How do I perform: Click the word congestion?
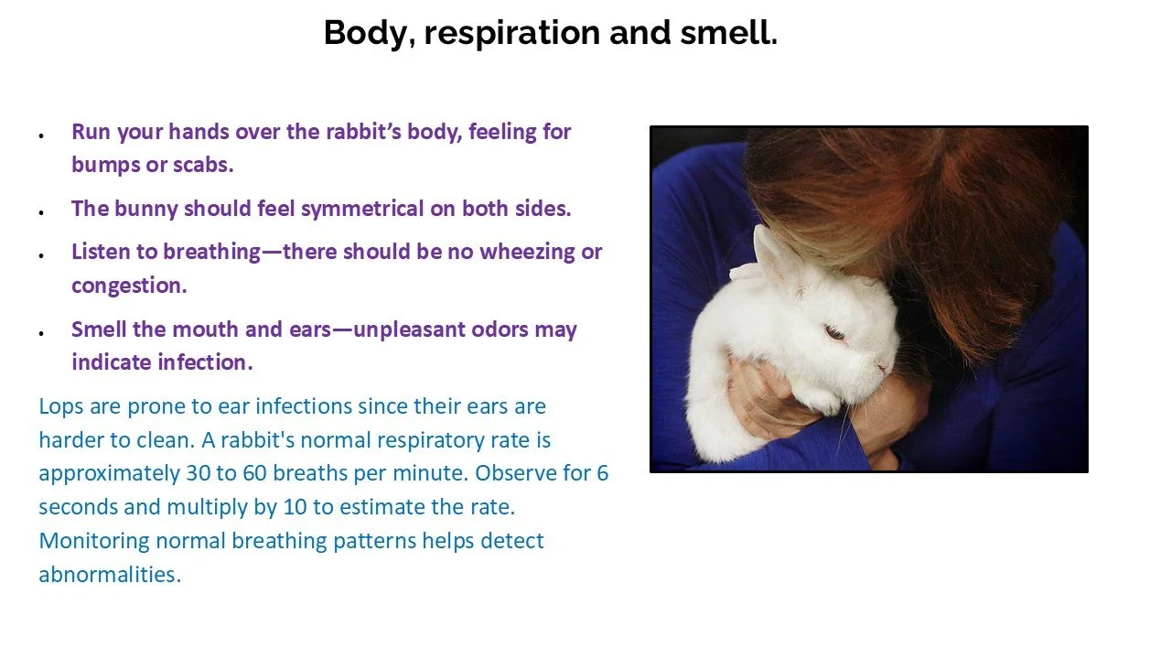[128, 286]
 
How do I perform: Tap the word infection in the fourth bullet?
[206, 362]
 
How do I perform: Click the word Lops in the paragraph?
[62, 406]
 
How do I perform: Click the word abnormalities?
[110, 575]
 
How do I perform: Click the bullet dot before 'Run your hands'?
[42, 135]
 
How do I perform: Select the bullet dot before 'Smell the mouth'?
[42, 332]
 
